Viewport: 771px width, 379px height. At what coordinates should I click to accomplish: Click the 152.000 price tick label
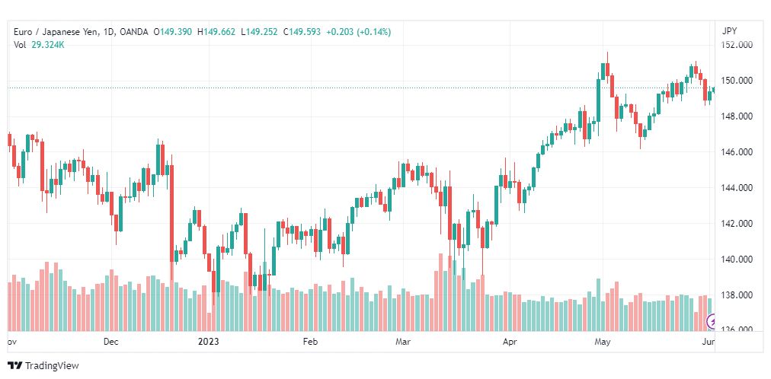click(737, 45)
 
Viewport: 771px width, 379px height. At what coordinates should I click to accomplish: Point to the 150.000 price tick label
click(737, 81)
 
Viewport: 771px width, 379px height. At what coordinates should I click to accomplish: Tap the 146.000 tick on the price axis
click(737, 152)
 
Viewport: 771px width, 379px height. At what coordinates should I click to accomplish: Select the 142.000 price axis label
click(737, 224)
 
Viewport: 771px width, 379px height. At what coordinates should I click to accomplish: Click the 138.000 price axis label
click(737, 295)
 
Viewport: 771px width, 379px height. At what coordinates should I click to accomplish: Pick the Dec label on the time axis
click(111, 342)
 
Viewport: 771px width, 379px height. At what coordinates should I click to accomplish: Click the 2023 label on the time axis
click(208, 342)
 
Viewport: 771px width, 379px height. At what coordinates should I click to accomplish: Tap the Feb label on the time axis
click(309, 342)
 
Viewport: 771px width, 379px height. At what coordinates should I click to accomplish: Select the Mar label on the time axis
click(403, 342)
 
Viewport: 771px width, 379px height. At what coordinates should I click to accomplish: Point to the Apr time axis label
click(510, 342)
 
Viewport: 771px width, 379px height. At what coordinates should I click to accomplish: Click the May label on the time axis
click(603, 342)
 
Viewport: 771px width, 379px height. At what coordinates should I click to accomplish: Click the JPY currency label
click(729, 31)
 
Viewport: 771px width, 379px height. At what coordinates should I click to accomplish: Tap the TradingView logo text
click(52, 366)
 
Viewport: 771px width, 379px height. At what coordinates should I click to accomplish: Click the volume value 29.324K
click(48, 44)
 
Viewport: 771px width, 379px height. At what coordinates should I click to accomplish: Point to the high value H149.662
click(217, 32)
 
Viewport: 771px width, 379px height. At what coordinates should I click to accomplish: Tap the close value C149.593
click(302, 32)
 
